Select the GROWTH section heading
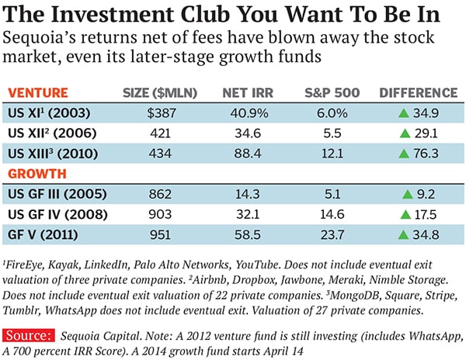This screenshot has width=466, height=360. coord(38,174)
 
